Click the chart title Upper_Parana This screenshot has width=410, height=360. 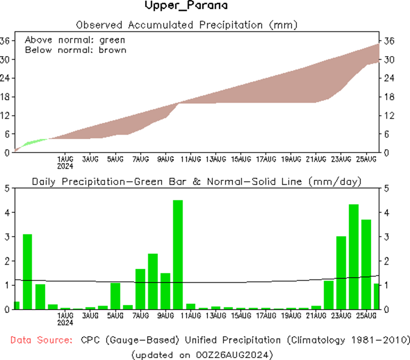click(186, 6)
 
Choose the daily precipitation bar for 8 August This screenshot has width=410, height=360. click(153, 281)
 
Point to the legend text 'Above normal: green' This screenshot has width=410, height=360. click(75, 39)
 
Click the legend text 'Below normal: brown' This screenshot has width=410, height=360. click(76, 50)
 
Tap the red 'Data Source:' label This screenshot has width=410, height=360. click(41, 340)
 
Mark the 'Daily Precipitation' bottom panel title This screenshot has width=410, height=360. click(196, 182)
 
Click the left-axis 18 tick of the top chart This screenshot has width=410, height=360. click(6, 97)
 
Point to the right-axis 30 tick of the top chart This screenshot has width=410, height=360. click(390, 59)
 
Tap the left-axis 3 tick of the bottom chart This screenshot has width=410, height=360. click(7, 237)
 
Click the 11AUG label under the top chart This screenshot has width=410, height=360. click(190, 159)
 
